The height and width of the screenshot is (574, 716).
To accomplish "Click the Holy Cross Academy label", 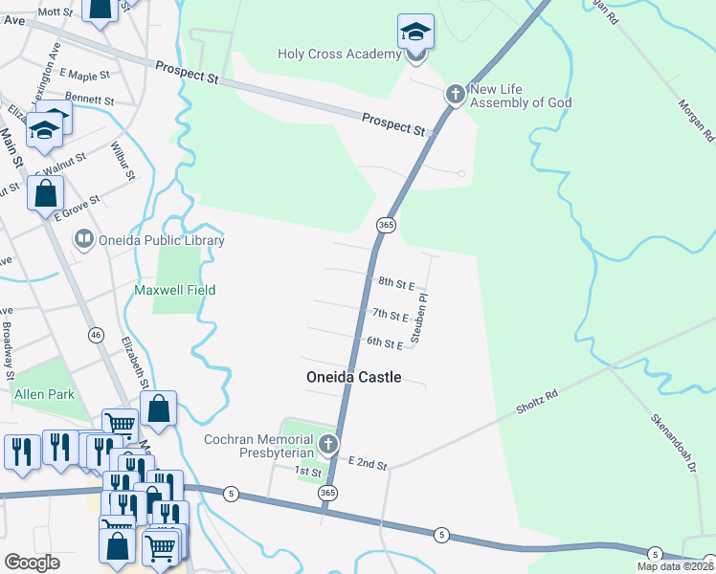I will [339, 54].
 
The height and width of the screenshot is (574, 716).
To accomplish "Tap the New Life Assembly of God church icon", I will [456, 94].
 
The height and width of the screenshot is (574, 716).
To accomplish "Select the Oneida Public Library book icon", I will [84, 240].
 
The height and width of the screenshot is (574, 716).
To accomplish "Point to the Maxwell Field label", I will [174, 290].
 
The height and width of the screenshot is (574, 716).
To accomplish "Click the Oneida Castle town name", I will [353, 377].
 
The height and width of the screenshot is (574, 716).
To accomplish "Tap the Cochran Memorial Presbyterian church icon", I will [329, 443].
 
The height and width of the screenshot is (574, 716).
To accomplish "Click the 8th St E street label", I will [395, 284].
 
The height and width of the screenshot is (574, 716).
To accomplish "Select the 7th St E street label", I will [391, 315].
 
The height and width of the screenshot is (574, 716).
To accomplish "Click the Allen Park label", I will [45, 393].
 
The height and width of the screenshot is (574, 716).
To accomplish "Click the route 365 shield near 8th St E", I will [386, 225].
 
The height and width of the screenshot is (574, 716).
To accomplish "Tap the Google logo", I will [32, 563].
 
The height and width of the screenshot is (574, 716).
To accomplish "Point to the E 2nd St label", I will [368, 463].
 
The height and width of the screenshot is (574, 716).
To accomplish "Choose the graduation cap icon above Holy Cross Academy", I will [415, 33].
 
